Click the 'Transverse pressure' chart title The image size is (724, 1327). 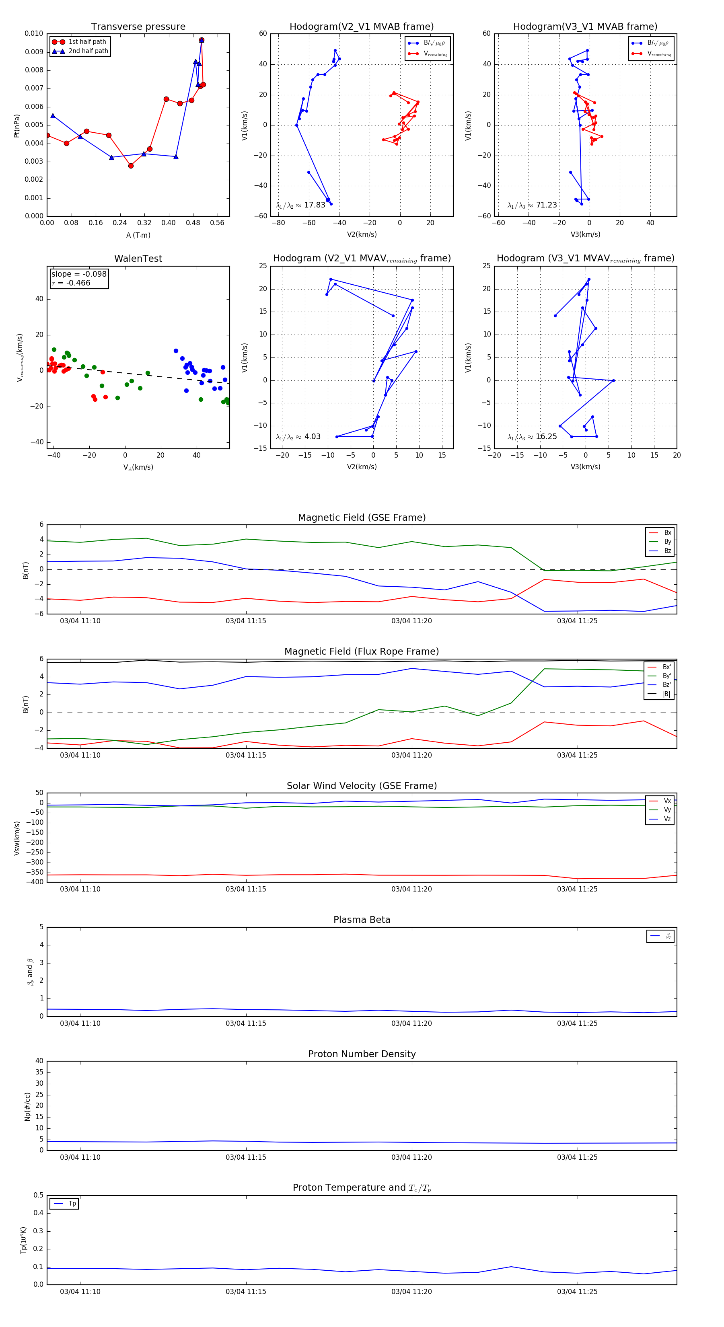pyautogui.click(x=138, y=27)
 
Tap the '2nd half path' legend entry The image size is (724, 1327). pyautogui.click(x=88, y=51)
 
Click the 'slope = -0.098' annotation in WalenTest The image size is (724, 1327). pyautogui.click(x=79, y=274)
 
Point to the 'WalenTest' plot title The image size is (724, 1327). pyautogui.click(x=138, y=259)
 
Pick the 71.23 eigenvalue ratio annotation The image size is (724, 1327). pyautogui.click(x=532, y=205)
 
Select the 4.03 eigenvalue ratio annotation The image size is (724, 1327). pyautogui.click(x=298, y=437)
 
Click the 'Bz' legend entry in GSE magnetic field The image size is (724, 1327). pyautogui.click(x=667, y=551)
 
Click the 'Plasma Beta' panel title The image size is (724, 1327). pyautogui.click(x=362, y=920)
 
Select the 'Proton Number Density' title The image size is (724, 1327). pyautogui.click(x=362, y=1054)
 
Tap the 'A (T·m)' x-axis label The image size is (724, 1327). pyautogui.click(x=138, y=235)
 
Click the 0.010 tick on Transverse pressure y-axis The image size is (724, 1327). pyautogui.click(x=34, y=33)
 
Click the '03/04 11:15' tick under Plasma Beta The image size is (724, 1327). pyautogui.click(x=246, y=1023)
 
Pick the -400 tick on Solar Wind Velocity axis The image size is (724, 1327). pyautogui.click(x=35, y=882)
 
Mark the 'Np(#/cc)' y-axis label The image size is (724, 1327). pyautogui.click(x=27, y=1107)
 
